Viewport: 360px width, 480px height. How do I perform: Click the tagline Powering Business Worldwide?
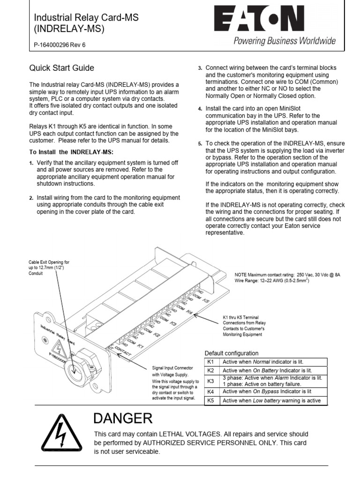(285, 41)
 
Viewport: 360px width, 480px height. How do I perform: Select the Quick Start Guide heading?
(61, 68)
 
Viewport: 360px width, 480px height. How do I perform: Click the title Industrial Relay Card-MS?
(87, 18)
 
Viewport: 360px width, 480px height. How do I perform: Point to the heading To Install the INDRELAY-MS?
(72, 152)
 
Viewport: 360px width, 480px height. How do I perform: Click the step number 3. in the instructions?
(200, 68)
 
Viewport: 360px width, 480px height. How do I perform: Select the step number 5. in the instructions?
(200, 143)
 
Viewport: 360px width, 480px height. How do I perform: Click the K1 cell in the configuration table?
(210, 362)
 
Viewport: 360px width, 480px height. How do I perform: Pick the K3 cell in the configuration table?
(210, 381)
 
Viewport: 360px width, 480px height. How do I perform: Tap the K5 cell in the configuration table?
(210, 400)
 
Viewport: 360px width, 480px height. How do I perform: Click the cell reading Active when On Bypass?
(267, 391)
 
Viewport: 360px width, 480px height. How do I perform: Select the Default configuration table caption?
(232, 353)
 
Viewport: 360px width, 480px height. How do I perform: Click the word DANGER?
(122, 418)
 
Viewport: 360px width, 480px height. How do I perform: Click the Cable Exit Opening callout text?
(49, 268)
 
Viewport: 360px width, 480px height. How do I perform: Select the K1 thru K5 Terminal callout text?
(244, 326)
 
